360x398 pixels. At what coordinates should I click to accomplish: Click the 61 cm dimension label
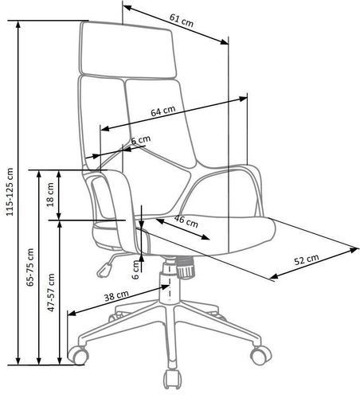(182, 21)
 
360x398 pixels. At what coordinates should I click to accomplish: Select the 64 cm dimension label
(163, 111)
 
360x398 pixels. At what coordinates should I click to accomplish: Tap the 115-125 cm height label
(10, 192)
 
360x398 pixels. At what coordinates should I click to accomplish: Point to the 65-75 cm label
(30, 267)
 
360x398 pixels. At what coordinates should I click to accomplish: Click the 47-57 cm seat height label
(51, 292)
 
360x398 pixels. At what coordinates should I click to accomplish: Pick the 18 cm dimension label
(50, 194)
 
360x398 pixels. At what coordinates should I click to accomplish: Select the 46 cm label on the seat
(186, 221)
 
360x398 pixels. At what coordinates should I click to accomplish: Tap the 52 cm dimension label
(307, 259)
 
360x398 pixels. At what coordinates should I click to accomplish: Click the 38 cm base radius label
(116, 296)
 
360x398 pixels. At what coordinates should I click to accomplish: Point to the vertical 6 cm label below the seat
(135, 269)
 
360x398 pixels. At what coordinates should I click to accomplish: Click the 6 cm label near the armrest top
(141, 139)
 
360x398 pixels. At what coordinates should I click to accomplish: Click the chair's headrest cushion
(128, 50)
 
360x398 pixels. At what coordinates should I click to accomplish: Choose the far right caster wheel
(261, 355)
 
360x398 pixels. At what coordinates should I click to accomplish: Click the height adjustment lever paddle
(104, 270)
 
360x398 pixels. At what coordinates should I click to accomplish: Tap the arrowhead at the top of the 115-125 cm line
(18, 25)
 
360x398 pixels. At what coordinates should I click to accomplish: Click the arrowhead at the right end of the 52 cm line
(354, 249)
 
